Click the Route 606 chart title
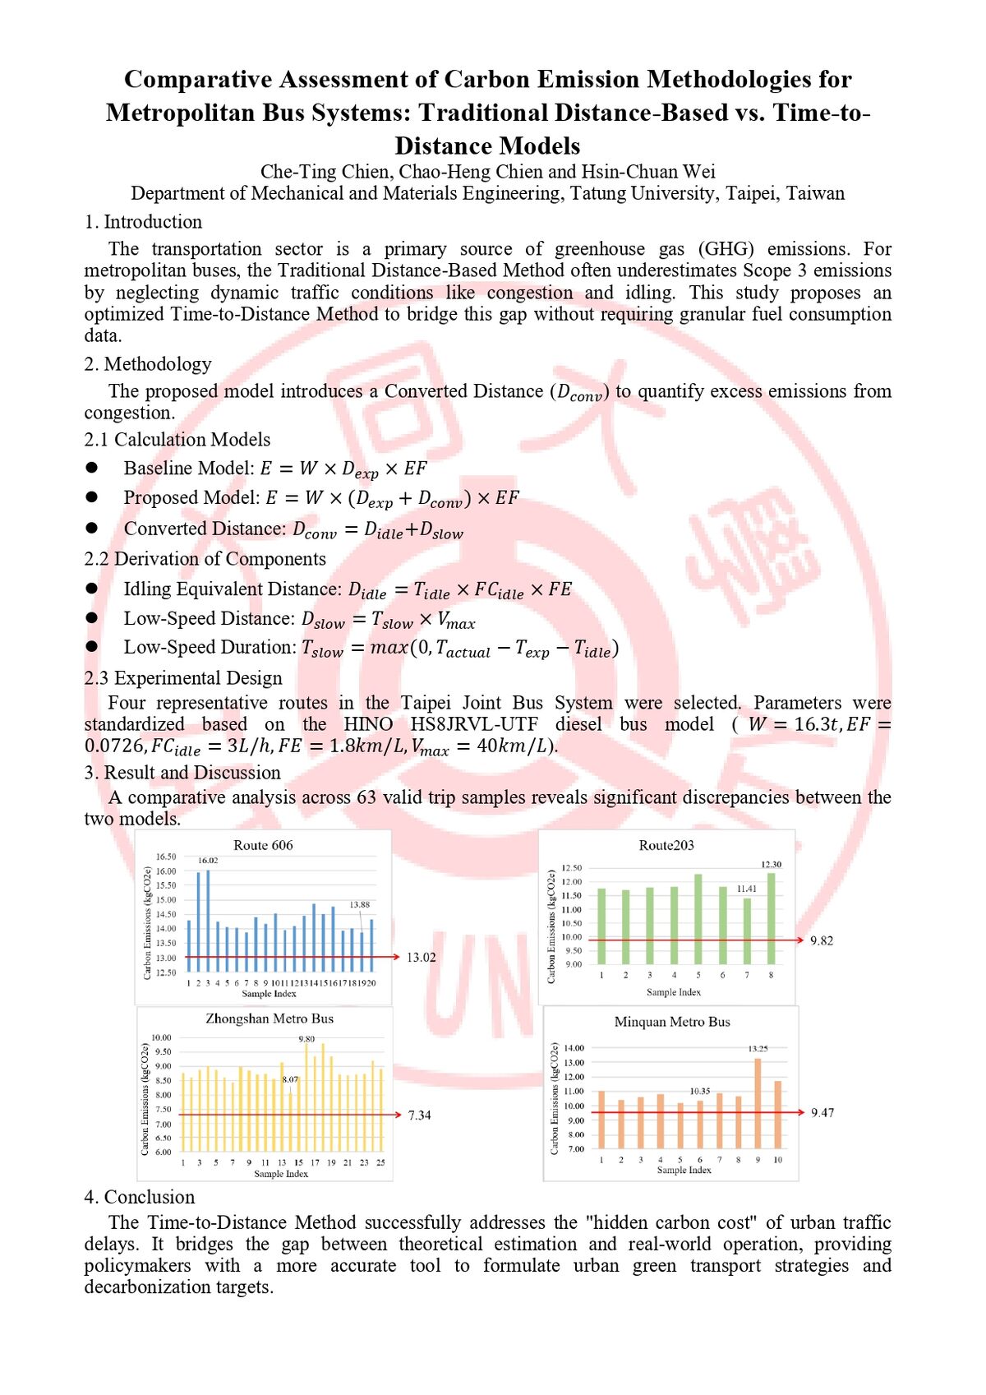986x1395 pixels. coord(263,845)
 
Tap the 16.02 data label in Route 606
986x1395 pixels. coord(208,860)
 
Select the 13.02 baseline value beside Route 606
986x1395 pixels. coord(422,957)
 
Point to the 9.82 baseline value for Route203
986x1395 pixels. coord(822,940)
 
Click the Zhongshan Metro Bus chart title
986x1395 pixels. coord(270,1019)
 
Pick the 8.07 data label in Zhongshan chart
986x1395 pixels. coord(290,1079)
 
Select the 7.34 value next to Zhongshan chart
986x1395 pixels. coord(419,1115)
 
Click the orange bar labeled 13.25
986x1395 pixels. coord(758,1103)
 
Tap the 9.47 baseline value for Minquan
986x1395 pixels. coord(822,1112)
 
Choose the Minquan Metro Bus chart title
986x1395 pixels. coord(672,1022)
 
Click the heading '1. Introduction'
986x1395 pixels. coord(143,222)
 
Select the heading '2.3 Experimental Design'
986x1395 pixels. coord(182,677)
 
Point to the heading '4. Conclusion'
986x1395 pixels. coord(140,1197)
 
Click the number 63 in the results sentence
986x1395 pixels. coord(366,797)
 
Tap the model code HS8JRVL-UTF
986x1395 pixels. coord(474,724)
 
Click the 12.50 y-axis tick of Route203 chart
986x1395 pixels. coord(572,868)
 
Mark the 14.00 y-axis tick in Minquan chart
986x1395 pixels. coord(574,1048)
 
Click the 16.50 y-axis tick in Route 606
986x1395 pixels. coord(166,857)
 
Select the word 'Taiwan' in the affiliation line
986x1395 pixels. coord(815,193)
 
